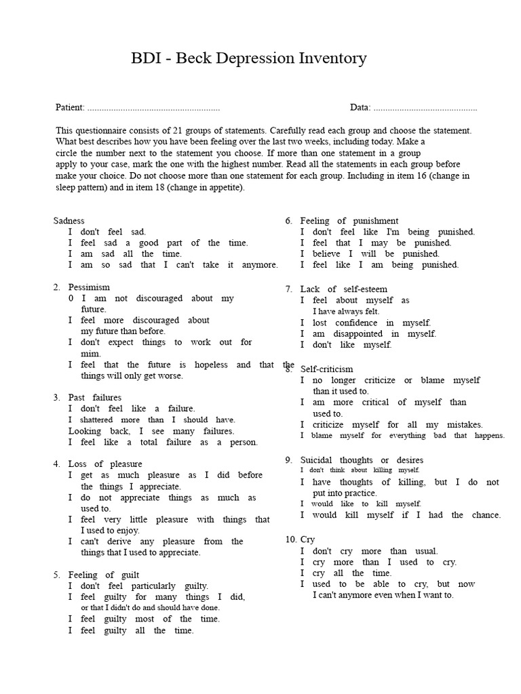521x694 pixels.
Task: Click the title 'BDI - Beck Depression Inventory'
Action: tap(248, 59)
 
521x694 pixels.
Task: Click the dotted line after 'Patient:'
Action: tap(154, 108)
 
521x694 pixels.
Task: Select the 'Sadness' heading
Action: tap(69, 221)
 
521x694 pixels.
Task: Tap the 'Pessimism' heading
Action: tap(89, 287)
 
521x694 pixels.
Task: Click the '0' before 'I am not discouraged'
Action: tap(71, 298)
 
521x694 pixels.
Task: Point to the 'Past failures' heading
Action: tap(95, 397)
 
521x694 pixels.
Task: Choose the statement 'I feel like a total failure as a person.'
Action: tap(163, 442)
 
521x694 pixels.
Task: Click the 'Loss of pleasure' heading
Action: tap(105, 464)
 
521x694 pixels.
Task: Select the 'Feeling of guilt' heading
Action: tap(104, 575)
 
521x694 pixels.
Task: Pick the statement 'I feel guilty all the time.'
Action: tap(131, 630)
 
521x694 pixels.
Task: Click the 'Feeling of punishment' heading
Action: tap(349, 221)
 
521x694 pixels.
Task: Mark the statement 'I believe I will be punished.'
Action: tap(370, 253)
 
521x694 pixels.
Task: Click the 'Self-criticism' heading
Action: tap(327, 369)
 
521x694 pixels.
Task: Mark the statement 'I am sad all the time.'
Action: tap(125, 253)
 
